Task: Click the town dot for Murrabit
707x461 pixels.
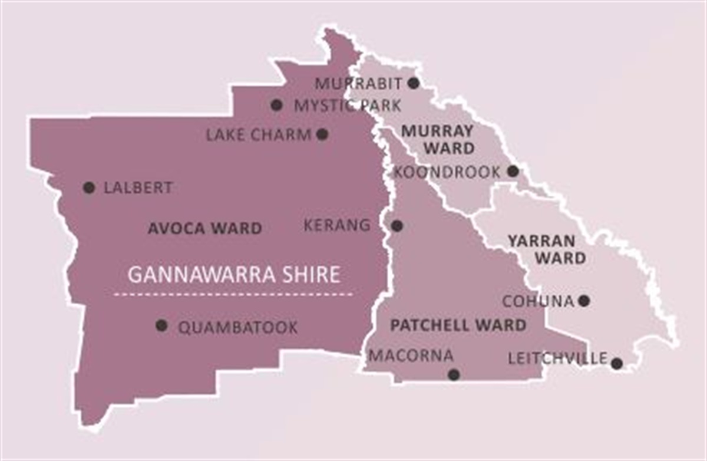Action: click(x=414, y=83)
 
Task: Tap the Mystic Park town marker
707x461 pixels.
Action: click(x=276, y=105)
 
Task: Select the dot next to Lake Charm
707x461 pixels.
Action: click(x=322, y=134)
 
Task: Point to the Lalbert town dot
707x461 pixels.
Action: click(x=89, y=187)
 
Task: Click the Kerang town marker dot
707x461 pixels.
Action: click(x=397, y=225)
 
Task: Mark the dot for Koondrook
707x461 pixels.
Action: click(x=513, y=171)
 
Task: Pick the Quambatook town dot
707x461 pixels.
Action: click(x=161, y=325)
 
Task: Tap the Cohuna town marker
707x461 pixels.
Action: click(x=584, y=301)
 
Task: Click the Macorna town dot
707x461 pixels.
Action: click(x=454, y=374)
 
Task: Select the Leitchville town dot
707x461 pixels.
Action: click(x=616, y=363)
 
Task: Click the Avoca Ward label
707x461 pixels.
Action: click(x=204, y=229)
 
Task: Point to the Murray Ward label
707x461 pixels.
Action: click(x=437, y=140)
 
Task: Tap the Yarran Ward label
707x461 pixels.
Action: click(x=547, y=249)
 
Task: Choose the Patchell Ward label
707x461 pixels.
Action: click(x=458, y=325)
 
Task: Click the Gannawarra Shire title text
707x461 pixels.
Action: click(x=234, y=275)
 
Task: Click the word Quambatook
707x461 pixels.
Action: click(x=237, y=328)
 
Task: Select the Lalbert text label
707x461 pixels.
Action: click(x=138, y=188)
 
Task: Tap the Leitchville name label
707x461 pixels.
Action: click(x=557, y=358)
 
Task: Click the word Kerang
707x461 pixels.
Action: click(x=338, y=225)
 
